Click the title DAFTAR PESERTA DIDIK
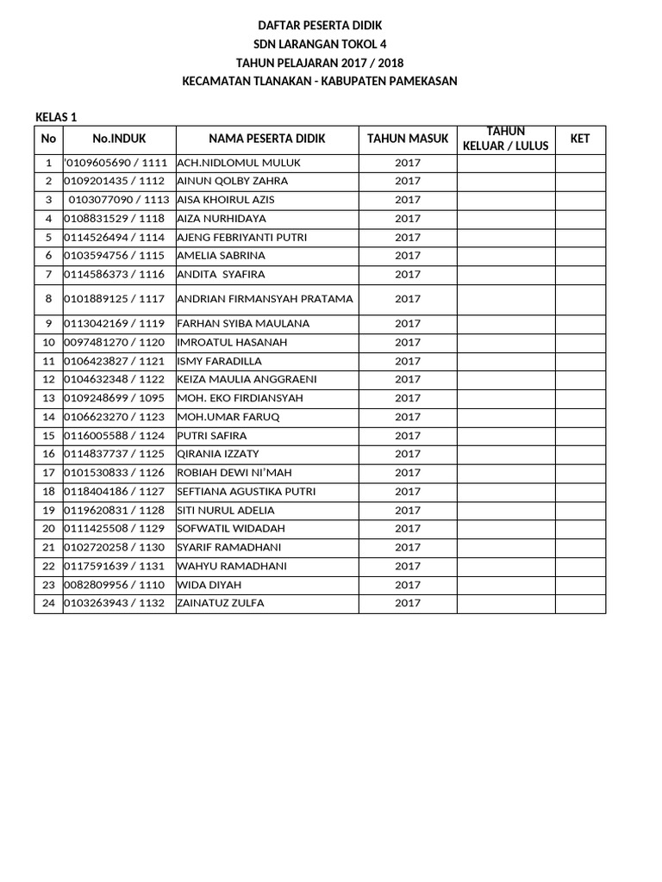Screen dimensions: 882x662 tap(320, 26)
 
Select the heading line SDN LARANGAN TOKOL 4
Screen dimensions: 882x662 tap(320, 45)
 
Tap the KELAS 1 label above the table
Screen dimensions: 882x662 tap(57, 117)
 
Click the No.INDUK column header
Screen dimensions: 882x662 tap(119, 139)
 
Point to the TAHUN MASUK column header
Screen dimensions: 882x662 tap(408, 139)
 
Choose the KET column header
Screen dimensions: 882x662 tap(580, 139)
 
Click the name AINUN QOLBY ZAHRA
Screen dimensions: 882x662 tap(232, 181)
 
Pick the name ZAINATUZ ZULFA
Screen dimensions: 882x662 tap(220, 603)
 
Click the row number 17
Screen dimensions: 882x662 tap(48, 473)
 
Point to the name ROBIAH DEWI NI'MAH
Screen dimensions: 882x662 tap(228, 473)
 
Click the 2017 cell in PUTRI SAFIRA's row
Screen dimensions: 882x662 tap(408, 436)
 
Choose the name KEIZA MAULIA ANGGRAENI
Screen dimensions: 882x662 tap(247, 379)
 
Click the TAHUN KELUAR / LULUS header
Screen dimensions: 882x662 tap(506, 139)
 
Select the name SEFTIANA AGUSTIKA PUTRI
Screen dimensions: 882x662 tap(246, 492)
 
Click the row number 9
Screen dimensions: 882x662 tap(48, 324)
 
